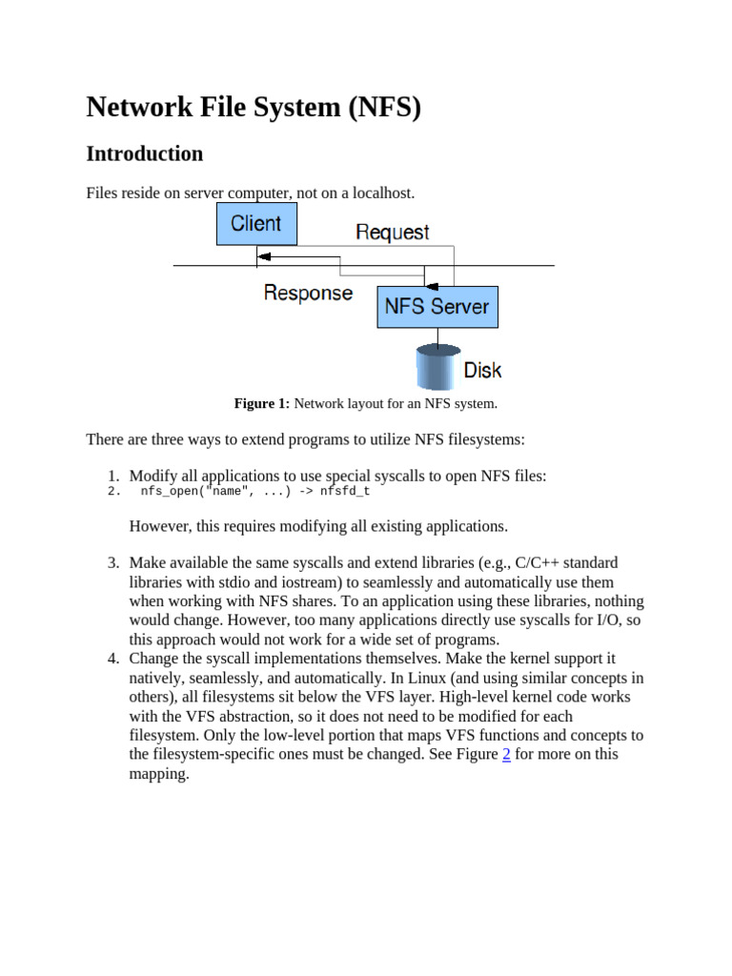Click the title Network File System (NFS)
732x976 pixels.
pyautogui.click(x=254, y=108)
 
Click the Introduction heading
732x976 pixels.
pyautogui.click(x=144, y=153)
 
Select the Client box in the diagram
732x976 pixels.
pyautogui.click(x=255, y=224)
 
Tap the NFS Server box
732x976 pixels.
pyautogui.click(x=437, y=307)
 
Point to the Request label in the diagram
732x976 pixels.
pyautogui.click(x=392, y=232)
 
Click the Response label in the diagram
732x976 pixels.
pyautogui.click(x=308, y=293)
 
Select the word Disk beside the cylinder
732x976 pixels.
pyautogui.click(x=482, y=370)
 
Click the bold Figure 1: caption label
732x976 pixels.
pyautogui.click(x=261, y=403)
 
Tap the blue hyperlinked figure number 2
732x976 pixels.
pyautogui.click(x=506, y=754)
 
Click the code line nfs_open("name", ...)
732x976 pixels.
pyautogui.click(x=215, y=492)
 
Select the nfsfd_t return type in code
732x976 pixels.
pyautogui.click(x=344, y=492)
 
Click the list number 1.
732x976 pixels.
pyautogui.click(x=112, y=476)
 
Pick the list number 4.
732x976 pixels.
pyautogui.click(x=112, y=659)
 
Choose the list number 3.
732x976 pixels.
pyautogui.click(x=112, y=563)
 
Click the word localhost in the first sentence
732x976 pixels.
pyautogui.click(x=382, y=193)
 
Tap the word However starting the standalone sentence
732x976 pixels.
pyautogui.click(x=160, y=526)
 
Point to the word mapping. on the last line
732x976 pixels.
pyautogui.click(x=159, y=773)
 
